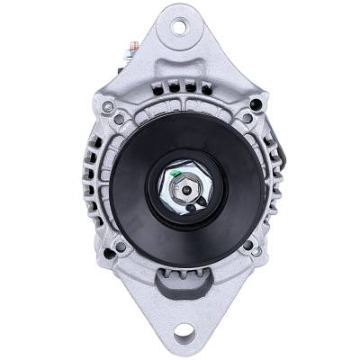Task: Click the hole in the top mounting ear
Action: pos(180,26)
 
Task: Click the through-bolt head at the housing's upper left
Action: pos(108,108)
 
